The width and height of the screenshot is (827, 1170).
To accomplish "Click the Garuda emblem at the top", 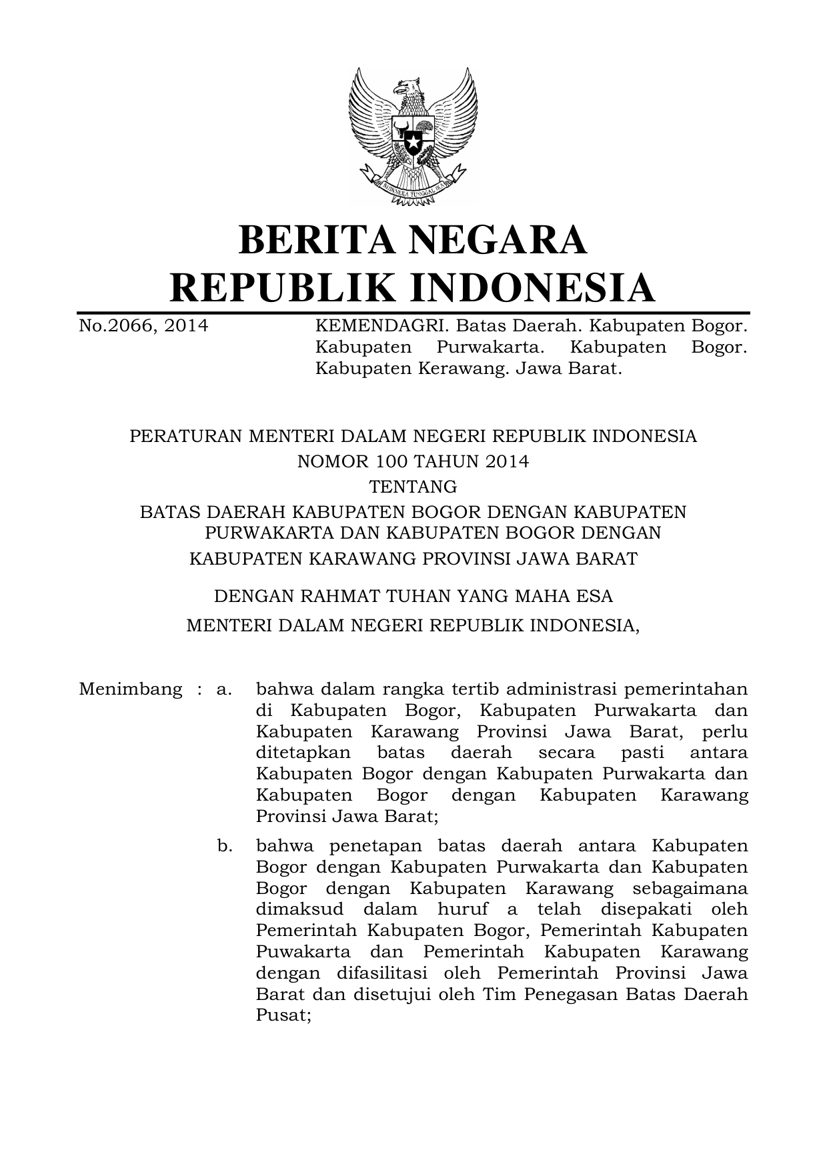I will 412,133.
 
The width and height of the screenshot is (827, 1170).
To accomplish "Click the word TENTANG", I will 413,487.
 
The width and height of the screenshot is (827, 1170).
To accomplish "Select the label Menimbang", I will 130,689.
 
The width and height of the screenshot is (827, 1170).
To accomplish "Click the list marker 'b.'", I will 225,846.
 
